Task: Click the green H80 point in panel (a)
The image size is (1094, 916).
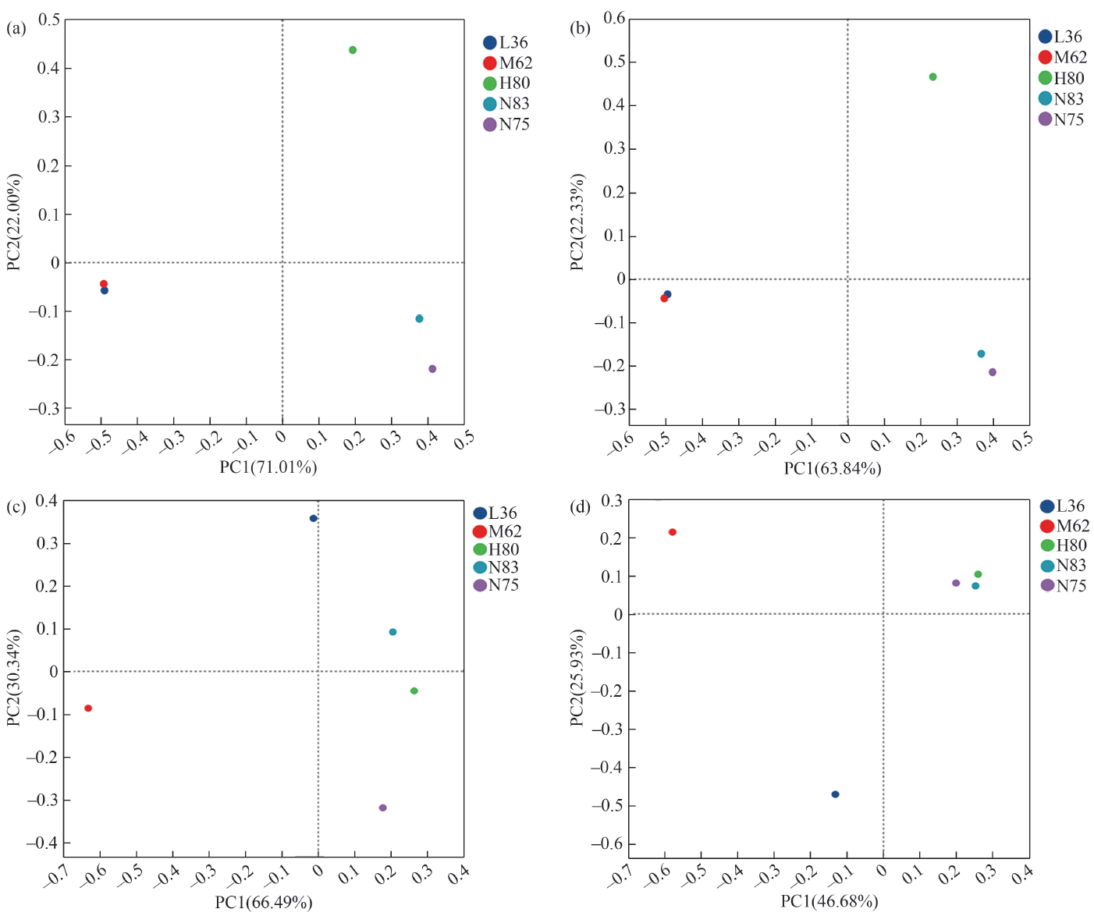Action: click(353, 50)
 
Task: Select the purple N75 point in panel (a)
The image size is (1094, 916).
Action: click(432, 369)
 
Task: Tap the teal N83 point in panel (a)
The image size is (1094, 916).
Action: click(419, 318)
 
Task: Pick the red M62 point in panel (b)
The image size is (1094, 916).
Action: click(664, 298)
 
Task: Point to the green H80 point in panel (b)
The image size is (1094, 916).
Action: click(932, 77)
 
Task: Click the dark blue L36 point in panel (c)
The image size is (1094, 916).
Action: click(314, 518)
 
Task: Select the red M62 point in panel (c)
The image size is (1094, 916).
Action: click(88, 708)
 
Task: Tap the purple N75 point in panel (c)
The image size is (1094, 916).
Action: click(382, 808)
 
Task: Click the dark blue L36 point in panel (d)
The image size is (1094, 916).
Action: click(835, 794)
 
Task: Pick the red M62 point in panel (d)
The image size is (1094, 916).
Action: click(673, 532)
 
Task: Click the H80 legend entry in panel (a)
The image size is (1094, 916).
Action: click(506, 83)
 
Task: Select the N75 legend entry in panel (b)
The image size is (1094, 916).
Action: click(1061, 119)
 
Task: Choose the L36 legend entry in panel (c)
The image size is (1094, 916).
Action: click(495, 513)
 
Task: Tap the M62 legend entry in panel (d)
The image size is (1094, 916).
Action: click(1065, 526)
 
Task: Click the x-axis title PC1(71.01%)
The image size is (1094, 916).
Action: click(268, 467)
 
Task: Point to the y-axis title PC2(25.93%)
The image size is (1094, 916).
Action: click(577, 678)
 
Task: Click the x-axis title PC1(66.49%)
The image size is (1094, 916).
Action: click(264, 903)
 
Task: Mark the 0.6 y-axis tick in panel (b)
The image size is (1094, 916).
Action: click(615, 18)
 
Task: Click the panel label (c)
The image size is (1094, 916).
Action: click(16, 507)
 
